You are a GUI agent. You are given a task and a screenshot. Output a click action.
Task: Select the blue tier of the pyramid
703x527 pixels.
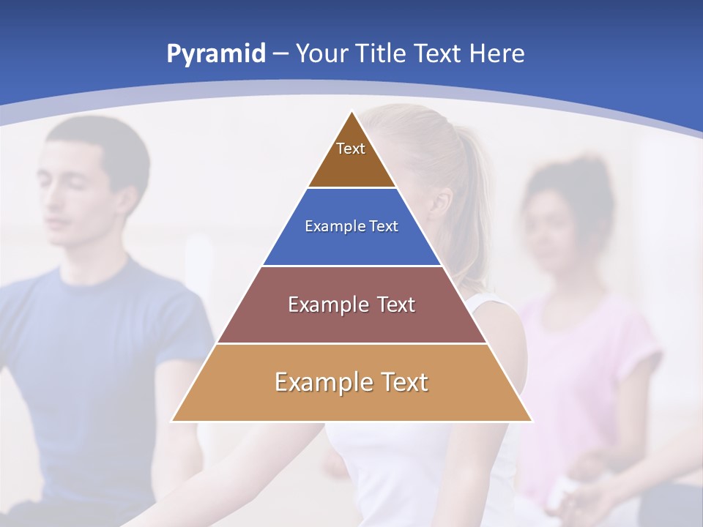pyautogui.click(x=351, y=245)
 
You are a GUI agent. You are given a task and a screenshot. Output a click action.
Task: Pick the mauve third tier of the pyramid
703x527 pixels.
pyautogui.click(x=351, y=322)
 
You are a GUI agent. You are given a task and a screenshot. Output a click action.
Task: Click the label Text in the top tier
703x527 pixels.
pyautogui.click(x=351, y=149)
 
